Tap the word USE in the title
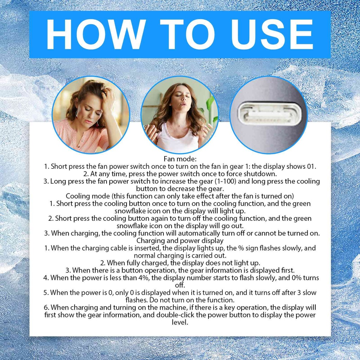272,34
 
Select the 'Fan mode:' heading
180,159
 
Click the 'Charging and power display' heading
180,240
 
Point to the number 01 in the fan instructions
311,166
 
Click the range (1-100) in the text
225,181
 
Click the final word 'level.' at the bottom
180,322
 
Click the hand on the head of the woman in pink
108,96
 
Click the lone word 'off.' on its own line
180,285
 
